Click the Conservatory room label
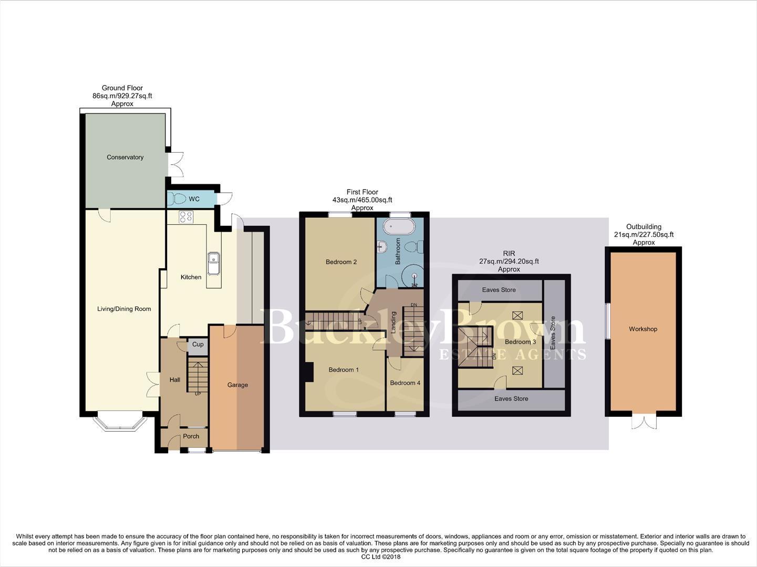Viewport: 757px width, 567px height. pyautogui.click(x=125, y=157)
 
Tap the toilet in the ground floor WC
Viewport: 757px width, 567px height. pyautogui.click(x=178, y=199)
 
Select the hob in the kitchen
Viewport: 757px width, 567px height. pyautogui.click(x=186, y=217)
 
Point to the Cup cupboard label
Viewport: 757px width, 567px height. pyautogui.click(x=198, y=344)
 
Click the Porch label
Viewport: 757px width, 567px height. pyautogui.click(x=191, y=436)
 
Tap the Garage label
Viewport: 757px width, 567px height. pyautogui.click(x=237, y=385)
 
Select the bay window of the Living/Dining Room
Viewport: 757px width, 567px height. pyautogui.click(x=119, y=423)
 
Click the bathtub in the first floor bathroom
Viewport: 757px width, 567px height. pyautogui.click(x=399, y=227)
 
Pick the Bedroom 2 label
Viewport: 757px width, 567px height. pyautogui.click(x=341, y=262)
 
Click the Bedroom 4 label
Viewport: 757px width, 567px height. pyautogui.click(x=405, y=383)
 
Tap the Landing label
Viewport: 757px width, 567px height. pyautogui.click(x=393, y=322)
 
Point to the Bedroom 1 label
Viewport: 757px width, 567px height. pyautogui.click(x=344, y=370)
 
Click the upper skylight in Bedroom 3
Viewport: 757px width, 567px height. pyautogui.click(x=518, y=316)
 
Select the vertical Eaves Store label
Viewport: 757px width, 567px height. pyautogui.click(x=553, y=333)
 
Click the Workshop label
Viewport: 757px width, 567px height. pyautogui.click(x=643, y=329)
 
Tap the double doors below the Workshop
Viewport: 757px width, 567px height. pyautogui.click(x=644, y=421)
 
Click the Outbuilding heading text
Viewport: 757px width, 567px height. pyautogui.click(x=644, y=227)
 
